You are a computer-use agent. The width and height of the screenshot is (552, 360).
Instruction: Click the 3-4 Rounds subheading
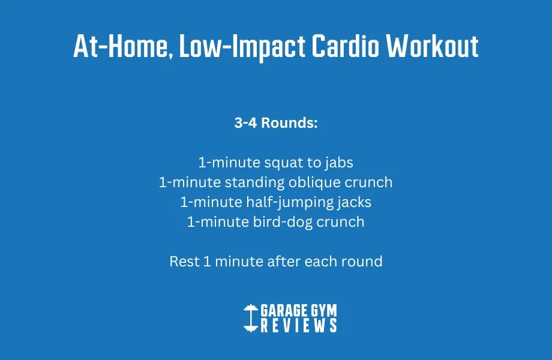pos(275,124)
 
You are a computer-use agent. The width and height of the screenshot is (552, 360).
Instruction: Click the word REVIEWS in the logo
pos(299,325)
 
